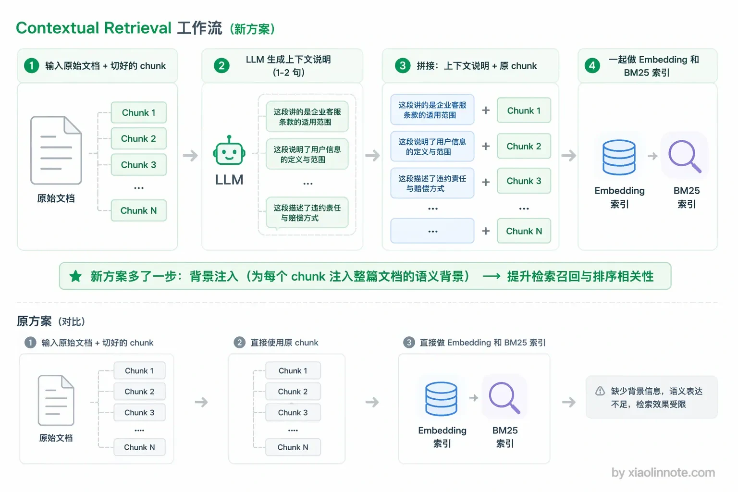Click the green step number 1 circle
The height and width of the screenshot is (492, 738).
coord(31,65)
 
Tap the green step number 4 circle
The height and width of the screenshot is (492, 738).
coord(592,65)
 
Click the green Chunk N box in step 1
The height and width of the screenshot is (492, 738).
coord(139,210)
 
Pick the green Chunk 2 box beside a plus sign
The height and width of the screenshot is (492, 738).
coord(524,146)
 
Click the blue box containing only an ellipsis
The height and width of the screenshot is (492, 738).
coord(432,231)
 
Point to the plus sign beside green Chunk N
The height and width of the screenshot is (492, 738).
coord(486,231)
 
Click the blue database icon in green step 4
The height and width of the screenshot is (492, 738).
coord(619,157)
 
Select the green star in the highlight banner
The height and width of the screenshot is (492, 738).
coord(75,276)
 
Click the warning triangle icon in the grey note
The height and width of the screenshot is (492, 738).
coord(600,391)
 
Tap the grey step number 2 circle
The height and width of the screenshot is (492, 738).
coord(240,343)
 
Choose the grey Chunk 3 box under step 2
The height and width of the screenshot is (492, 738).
coord(293,412)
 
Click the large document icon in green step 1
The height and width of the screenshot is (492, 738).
coord(56,150)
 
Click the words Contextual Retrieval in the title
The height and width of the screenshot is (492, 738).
coord(94,28)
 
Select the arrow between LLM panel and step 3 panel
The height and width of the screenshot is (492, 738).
coord(373,155)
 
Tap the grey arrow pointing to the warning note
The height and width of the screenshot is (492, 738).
coord(569,402)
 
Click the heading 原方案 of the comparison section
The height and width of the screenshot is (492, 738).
coord(34,321)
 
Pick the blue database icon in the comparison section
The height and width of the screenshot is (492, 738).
coord(441,399)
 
